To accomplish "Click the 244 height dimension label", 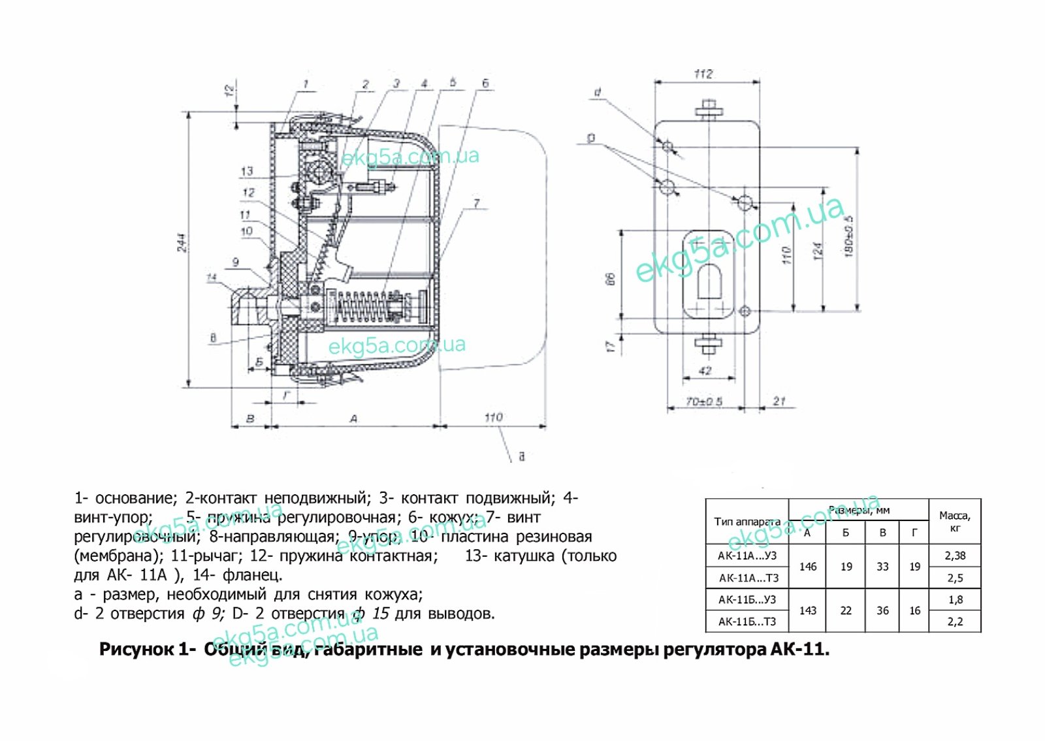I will click(182, 243).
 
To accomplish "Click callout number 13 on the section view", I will click(247, 171).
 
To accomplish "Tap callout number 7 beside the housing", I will click(477, 204).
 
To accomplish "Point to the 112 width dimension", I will click(703, 74).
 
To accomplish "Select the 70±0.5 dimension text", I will click(704, 401).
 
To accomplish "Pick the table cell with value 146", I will click(808, 567).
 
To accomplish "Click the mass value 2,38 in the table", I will click(955, 556).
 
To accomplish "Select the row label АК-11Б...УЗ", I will click(747, 599).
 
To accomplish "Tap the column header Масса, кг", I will click(955, 521).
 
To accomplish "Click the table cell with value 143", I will click(808, 610).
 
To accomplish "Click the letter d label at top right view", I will click(597, 93).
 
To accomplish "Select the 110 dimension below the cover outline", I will click(493, 417).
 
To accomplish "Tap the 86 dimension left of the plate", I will click(611, 279).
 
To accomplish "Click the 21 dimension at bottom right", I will click(779, 401).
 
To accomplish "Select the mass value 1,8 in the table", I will click(955, 599).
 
